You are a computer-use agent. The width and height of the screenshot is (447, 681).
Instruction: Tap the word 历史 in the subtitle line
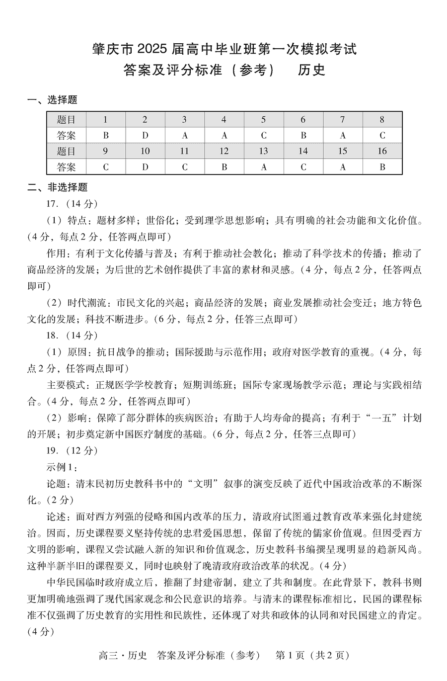click(x=311, y=70)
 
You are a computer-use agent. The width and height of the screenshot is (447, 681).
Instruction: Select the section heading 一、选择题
click(x=53, y=100)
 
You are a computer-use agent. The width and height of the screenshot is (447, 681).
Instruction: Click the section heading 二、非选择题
click(x=58, y=187)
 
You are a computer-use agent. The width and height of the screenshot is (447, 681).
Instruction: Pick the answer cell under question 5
click(x=263, y=135)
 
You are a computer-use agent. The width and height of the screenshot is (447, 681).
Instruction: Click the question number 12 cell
click(x=224, y=151)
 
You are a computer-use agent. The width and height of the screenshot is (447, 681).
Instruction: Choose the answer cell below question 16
click(x=382, y=167)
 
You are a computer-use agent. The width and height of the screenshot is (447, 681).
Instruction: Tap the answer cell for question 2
click(x=145, y=135)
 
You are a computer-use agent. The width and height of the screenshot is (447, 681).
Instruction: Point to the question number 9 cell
click(x=105, y=151)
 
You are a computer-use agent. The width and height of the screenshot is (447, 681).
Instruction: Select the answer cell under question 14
click(x=303, y=167)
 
